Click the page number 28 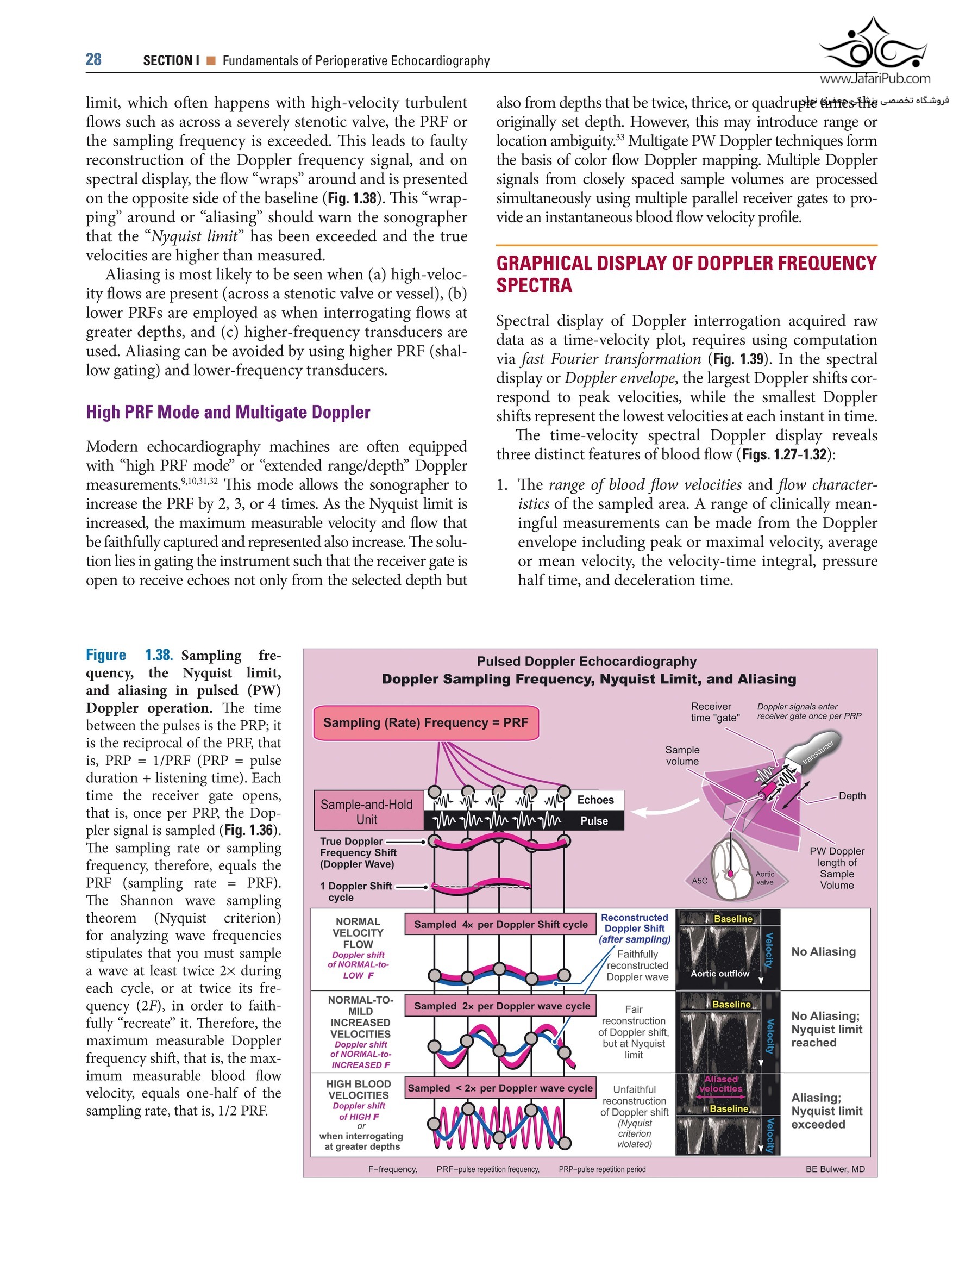pyautogui.click(x=94, y=60)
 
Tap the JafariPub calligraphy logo pyautogui.click(x=874, y=46)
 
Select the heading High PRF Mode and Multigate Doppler pyautogui.click(x=228, y=413)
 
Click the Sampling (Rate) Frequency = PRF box pyautogui.click(x=425, y=723)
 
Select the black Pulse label pyautogui.click(x=593, y=821)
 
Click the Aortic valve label pyautogui.click(x=764, y=878)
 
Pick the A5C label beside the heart pyautogui.click(x=699, y=881)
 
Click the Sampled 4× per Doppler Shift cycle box pyautogui.click(x=500, y=924)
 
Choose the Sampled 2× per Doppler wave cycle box pyautogui.click(x=501, y=1006)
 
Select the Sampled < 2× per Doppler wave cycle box pyautogui.click(x=500, y=1088)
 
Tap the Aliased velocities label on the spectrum pyautogui.click(x=721, y=1084)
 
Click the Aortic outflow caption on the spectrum pyautogui.click(x=720, y=974)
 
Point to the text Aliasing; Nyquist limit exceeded pyautogui.click(x=826, y=1111)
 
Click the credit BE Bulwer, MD pyautogui.click(x=835, y=1169)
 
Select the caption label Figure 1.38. pyautogui.click(x=129, y=655)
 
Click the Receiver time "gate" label pyautogui.click(x=715, y=712)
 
